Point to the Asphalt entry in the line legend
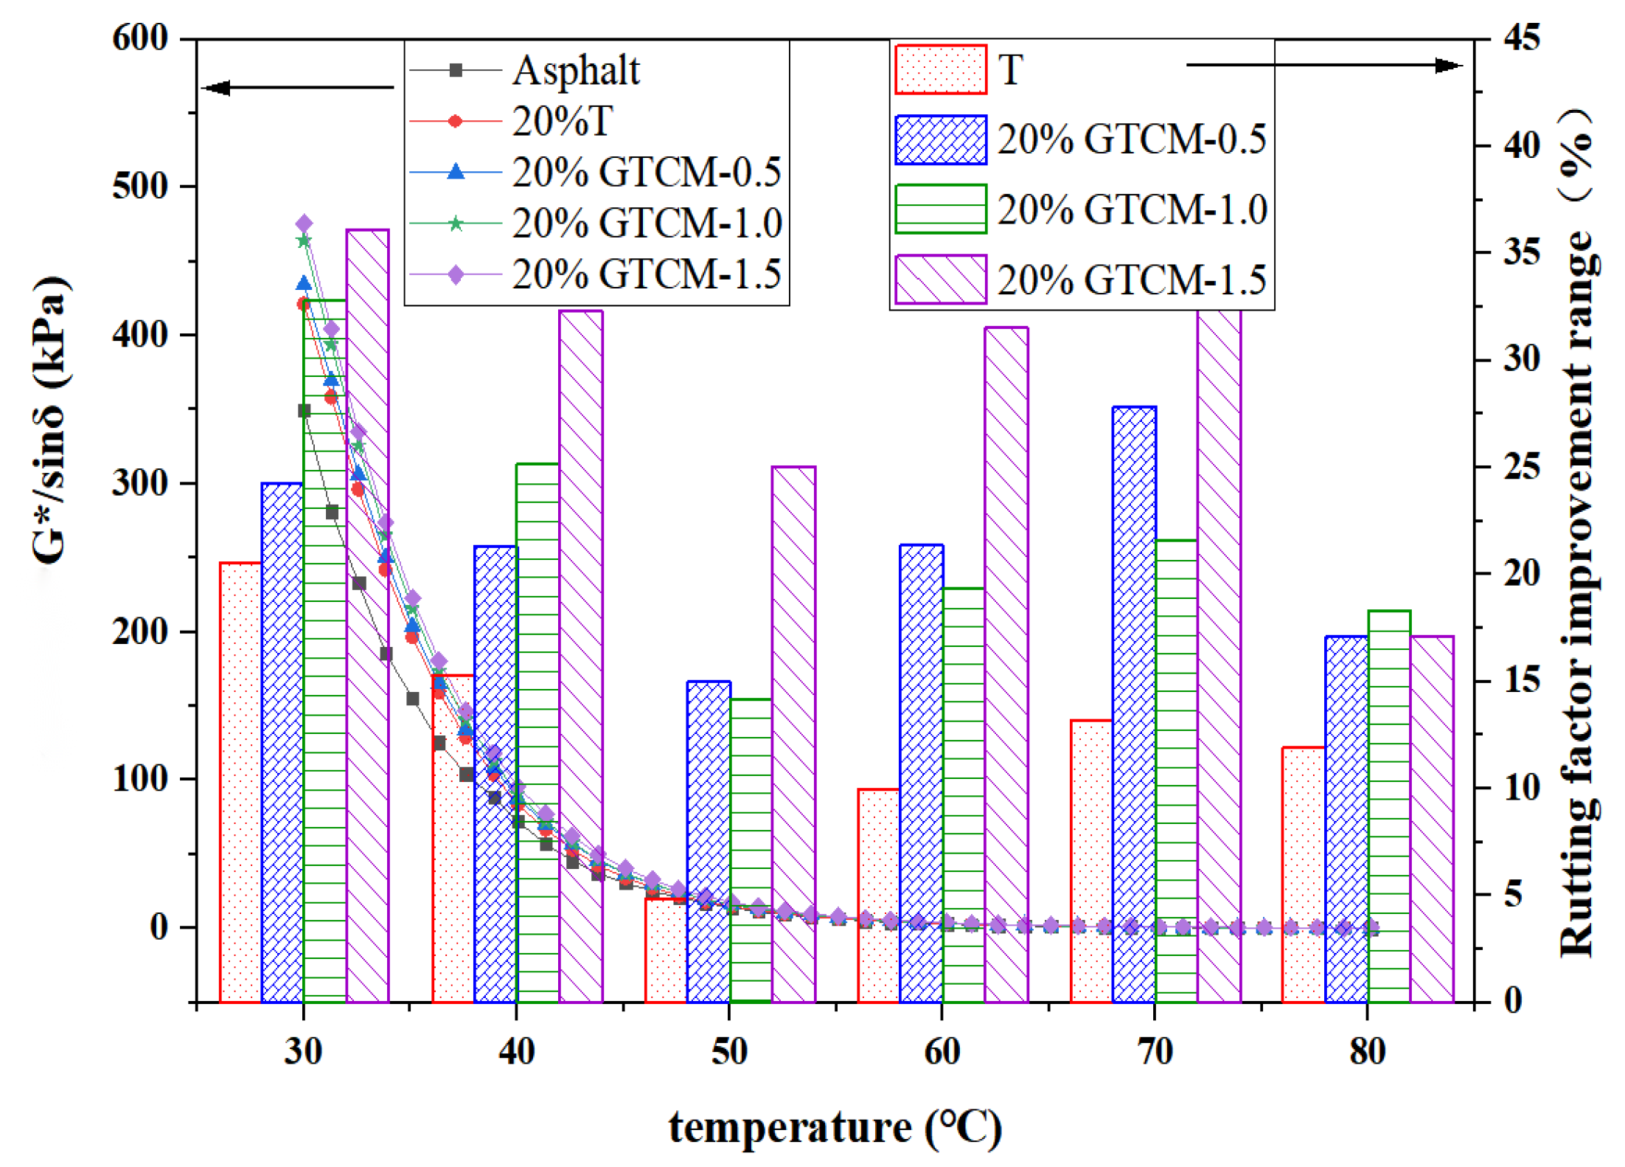pyautogui.click(x=576, y=71)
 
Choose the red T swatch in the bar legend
pyautogui.click(x=940, y=69)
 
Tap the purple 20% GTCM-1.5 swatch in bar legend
pyautogui.click(x=940, y=280)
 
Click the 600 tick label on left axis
pyautogui.click(x=140, y=38)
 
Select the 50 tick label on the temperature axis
pyautogui.click(x=728, y=1050)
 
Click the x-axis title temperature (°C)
pyautogui.click(x=835, y=1127)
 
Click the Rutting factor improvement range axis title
pyautogui.click(x=1578, y=531)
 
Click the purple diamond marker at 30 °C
pyautogui.click(x=304, y=224)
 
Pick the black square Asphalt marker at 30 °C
pyautogui.click(x=304, y=411)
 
